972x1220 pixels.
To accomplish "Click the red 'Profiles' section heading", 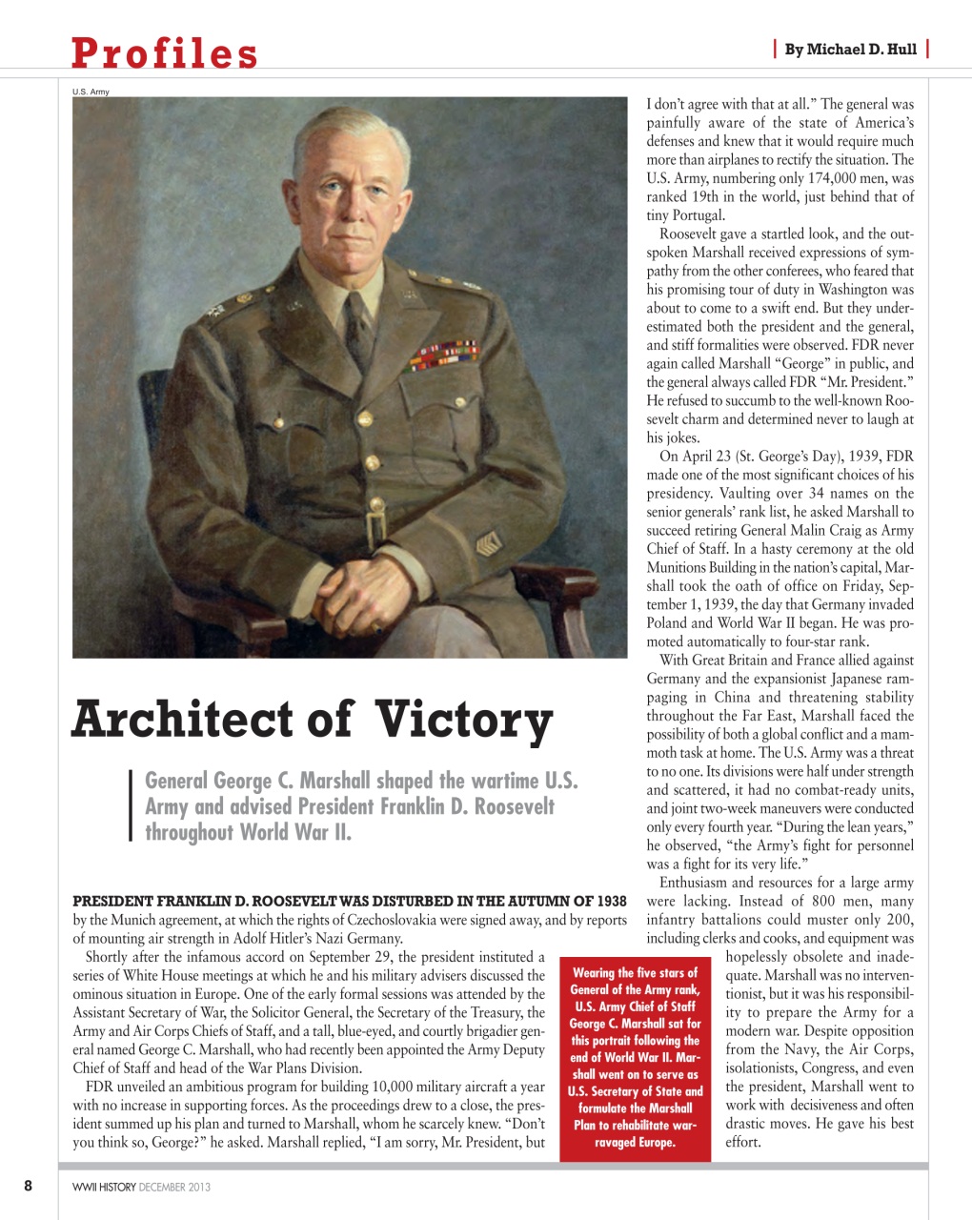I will [x=164, y=53].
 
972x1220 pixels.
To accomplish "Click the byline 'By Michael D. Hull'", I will [x=850, y=50].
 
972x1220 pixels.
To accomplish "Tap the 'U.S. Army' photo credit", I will [x=91, y=91].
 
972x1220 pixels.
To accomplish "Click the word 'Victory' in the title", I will [x=463, y=721].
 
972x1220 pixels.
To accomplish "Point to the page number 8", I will [x=28, y=1186].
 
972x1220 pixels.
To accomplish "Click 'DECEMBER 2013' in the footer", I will [x=174, y=1187].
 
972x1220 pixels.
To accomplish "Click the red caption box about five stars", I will [x=636, y=1057].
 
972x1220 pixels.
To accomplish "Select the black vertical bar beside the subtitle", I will [x=130, y=805].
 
